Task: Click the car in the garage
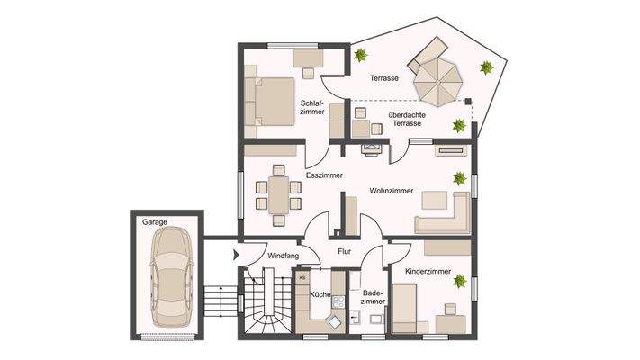coord(169,277)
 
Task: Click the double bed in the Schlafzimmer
coord(271,106)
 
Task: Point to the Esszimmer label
coord(324,176)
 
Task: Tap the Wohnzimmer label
coord(392,191)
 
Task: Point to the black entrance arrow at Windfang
coord(236,256)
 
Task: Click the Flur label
coord(343,253)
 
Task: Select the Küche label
coord(320,294)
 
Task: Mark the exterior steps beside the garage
coord(216,301)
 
